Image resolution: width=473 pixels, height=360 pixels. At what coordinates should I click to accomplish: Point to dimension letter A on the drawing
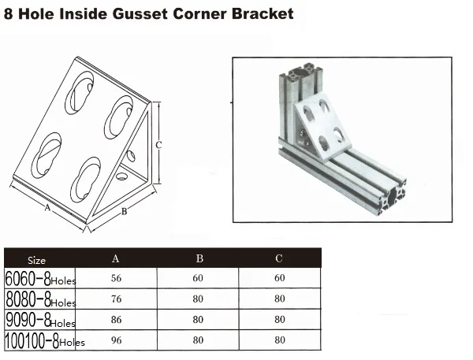pyautogui.click(x=47, y=208)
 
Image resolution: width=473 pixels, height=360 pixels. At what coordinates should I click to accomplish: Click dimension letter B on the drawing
pyautogui.click(x=124, y=212)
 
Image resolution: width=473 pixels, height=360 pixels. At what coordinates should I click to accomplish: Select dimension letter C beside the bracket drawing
pyautogui.click(x=158, y=145)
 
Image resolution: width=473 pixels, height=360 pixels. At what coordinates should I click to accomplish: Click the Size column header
pyautogui.click(x=36, y=261)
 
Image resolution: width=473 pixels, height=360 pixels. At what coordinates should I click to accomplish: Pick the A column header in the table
pyautogui.click(x=116, y=258)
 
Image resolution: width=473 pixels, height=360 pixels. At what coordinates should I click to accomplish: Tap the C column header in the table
pyautogui.click(x=279, y=258)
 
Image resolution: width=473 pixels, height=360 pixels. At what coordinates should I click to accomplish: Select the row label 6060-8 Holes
pyautogui.click(x=40, y=279)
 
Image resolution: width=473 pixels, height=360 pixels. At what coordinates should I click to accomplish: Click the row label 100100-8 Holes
pyautogui.click(x=45, y=341)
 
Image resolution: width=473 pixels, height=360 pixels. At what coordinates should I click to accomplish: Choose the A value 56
pyautogui.click(x=116, y=278)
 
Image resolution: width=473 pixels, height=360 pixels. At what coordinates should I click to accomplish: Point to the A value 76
pyautogui.click(x=116, y=299)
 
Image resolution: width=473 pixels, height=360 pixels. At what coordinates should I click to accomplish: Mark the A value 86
pyautogui.click(x=116, y=320)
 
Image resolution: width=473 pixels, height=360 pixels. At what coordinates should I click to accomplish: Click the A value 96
pyautogui.click(x=116, y=340)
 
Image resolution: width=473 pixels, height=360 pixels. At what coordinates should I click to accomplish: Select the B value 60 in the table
pyautogui.click(x=198, y=278)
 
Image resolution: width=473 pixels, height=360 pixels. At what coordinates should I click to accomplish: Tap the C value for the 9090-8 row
pyautogui.click(x=280, y=320)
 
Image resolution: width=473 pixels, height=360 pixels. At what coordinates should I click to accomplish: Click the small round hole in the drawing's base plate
pyautogui.click(x=122, y=176)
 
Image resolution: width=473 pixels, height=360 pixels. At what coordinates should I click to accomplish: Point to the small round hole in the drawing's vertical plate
pyautogui.click(x=131, y=156)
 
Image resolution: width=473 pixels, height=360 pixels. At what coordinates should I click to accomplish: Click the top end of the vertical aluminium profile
pyautogui.click(x=301, y=72)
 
